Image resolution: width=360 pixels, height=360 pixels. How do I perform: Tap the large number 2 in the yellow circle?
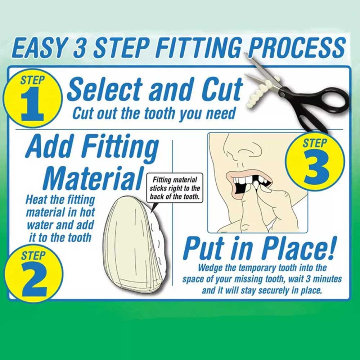[35, 279]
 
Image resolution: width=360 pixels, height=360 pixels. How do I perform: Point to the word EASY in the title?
[40, 49]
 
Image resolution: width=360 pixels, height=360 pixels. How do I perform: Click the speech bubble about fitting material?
[175, 188]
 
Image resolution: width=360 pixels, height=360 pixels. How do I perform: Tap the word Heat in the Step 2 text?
[36, 199]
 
